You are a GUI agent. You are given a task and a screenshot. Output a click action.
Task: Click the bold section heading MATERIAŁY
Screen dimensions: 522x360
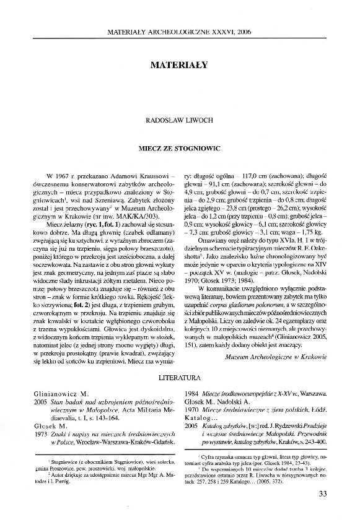tap(180, 63)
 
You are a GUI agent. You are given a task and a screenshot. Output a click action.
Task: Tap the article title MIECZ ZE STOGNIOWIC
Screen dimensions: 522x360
tap(180, 149)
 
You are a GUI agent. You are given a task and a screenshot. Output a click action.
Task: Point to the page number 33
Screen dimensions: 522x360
tap(322, 494)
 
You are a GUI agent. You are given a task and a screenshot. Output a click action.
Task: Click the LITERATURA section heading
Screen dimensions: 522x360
tap(180, 376)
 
